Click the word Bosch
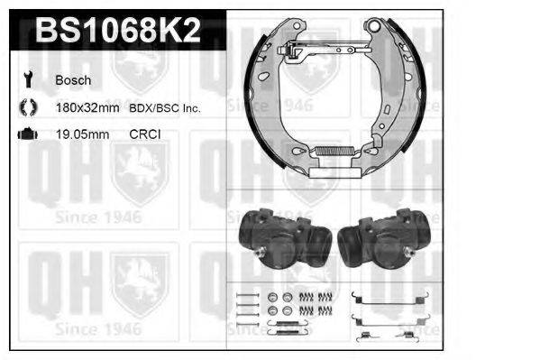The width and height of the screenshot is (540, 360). click(x=72, y=79)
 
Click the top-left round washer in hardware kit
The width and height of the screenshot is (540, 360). click(x=273, y=297)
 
